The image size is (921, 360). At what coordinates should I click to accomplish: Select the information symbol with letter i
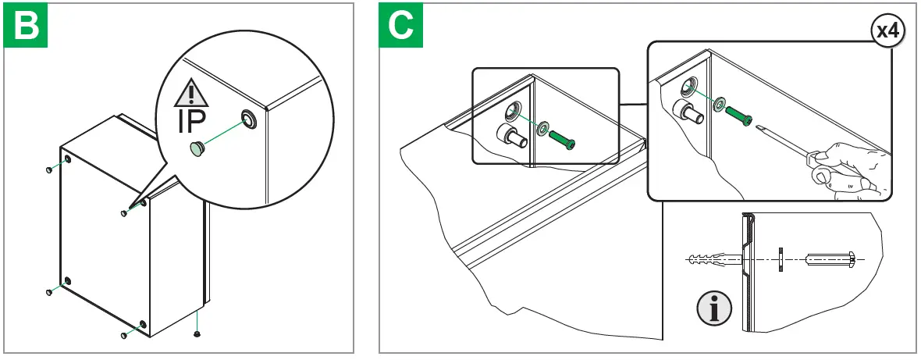[713, 308]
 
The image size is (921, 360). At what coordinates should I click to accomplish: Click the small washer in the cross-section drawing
[781, 258]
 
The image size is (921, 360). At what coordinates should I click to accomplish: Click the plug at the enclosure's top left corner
[50, 169]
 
